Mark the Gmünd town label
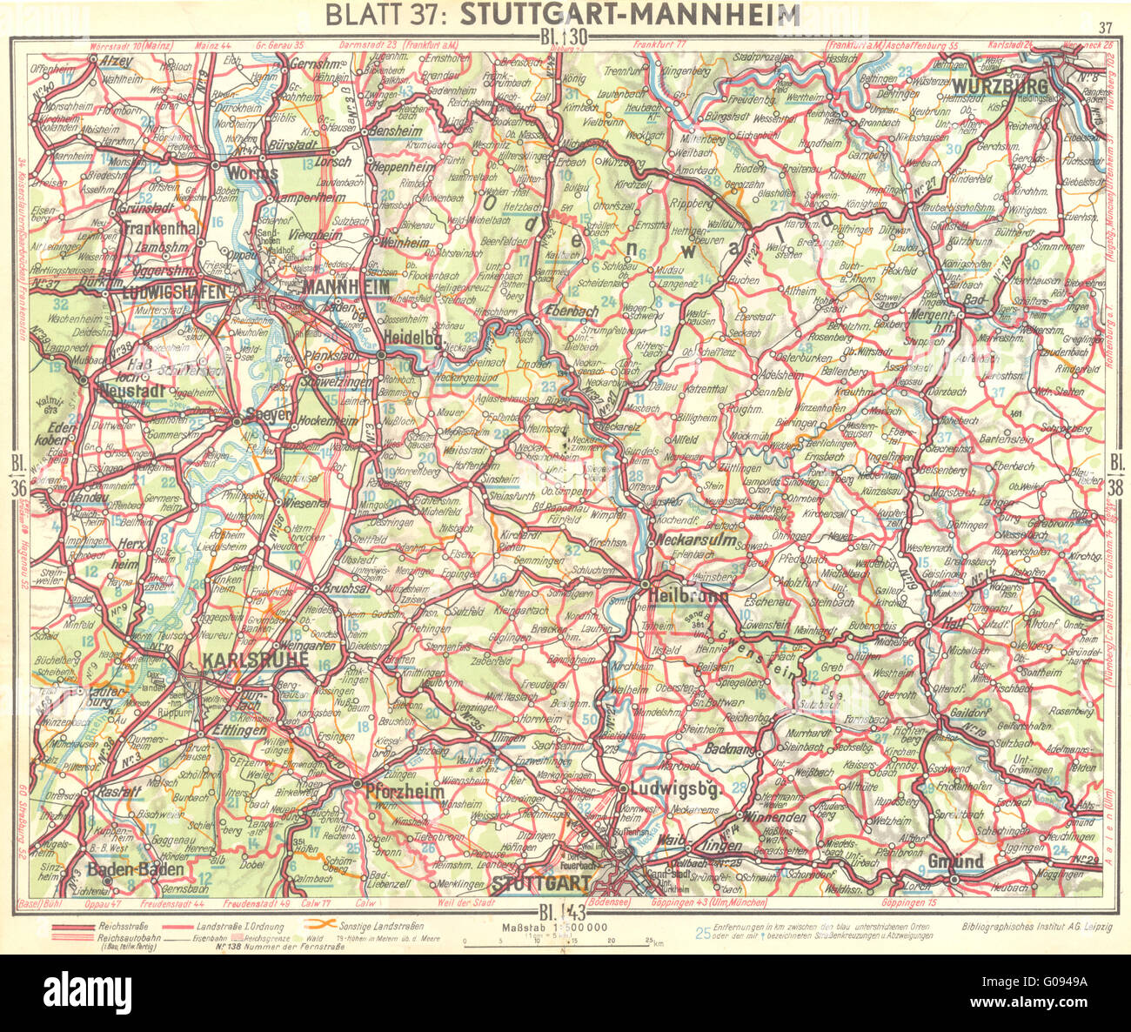(955, 861)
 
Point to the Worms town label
(251, 173)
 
